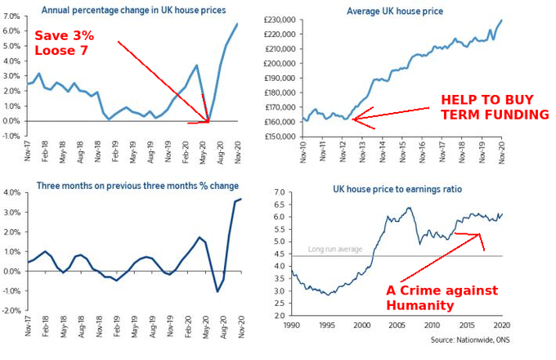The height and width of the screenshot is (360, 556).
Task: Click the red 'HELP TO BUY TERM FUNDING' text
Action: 494,106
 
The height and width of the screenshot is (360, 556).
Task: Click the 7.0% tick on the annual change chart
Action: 11,17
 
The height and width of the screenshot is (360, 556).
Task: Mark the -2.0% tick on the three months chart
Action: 10,312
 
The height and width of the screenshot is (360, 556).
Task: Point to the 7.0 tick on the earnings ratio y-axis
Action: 280,192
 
